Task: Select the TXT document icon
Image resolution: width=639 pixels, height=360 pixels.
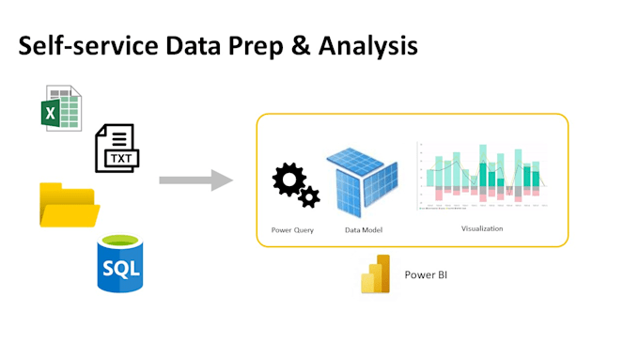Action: (x=116, y=149)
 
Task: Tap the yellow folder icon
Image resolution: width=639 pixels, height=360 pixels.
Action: (x=69, y=205)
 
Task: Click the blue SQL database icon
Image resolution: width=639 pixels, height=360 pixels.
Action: (x=120, y=265)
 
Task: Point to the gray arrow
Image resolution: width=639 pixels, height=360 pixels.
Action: (x=195, y=179)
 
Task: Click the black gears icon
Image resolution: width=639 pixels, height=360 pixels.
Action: (x=295, y=185)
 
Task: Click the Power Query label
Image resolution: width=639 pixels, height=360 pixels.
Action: (x=291, y=230)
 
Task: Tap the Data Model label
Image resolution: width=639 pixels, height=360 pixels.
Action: (x=364, y=230)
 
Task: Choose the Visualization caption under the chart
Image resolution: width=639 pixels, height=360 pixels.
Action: (x=481, y=228)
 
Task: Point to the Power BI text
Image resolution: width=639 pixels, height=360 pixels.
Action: (x=429, y=275)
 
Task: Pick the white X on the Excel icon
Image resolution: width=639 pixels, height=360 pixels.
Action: (x=53, y=115)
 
